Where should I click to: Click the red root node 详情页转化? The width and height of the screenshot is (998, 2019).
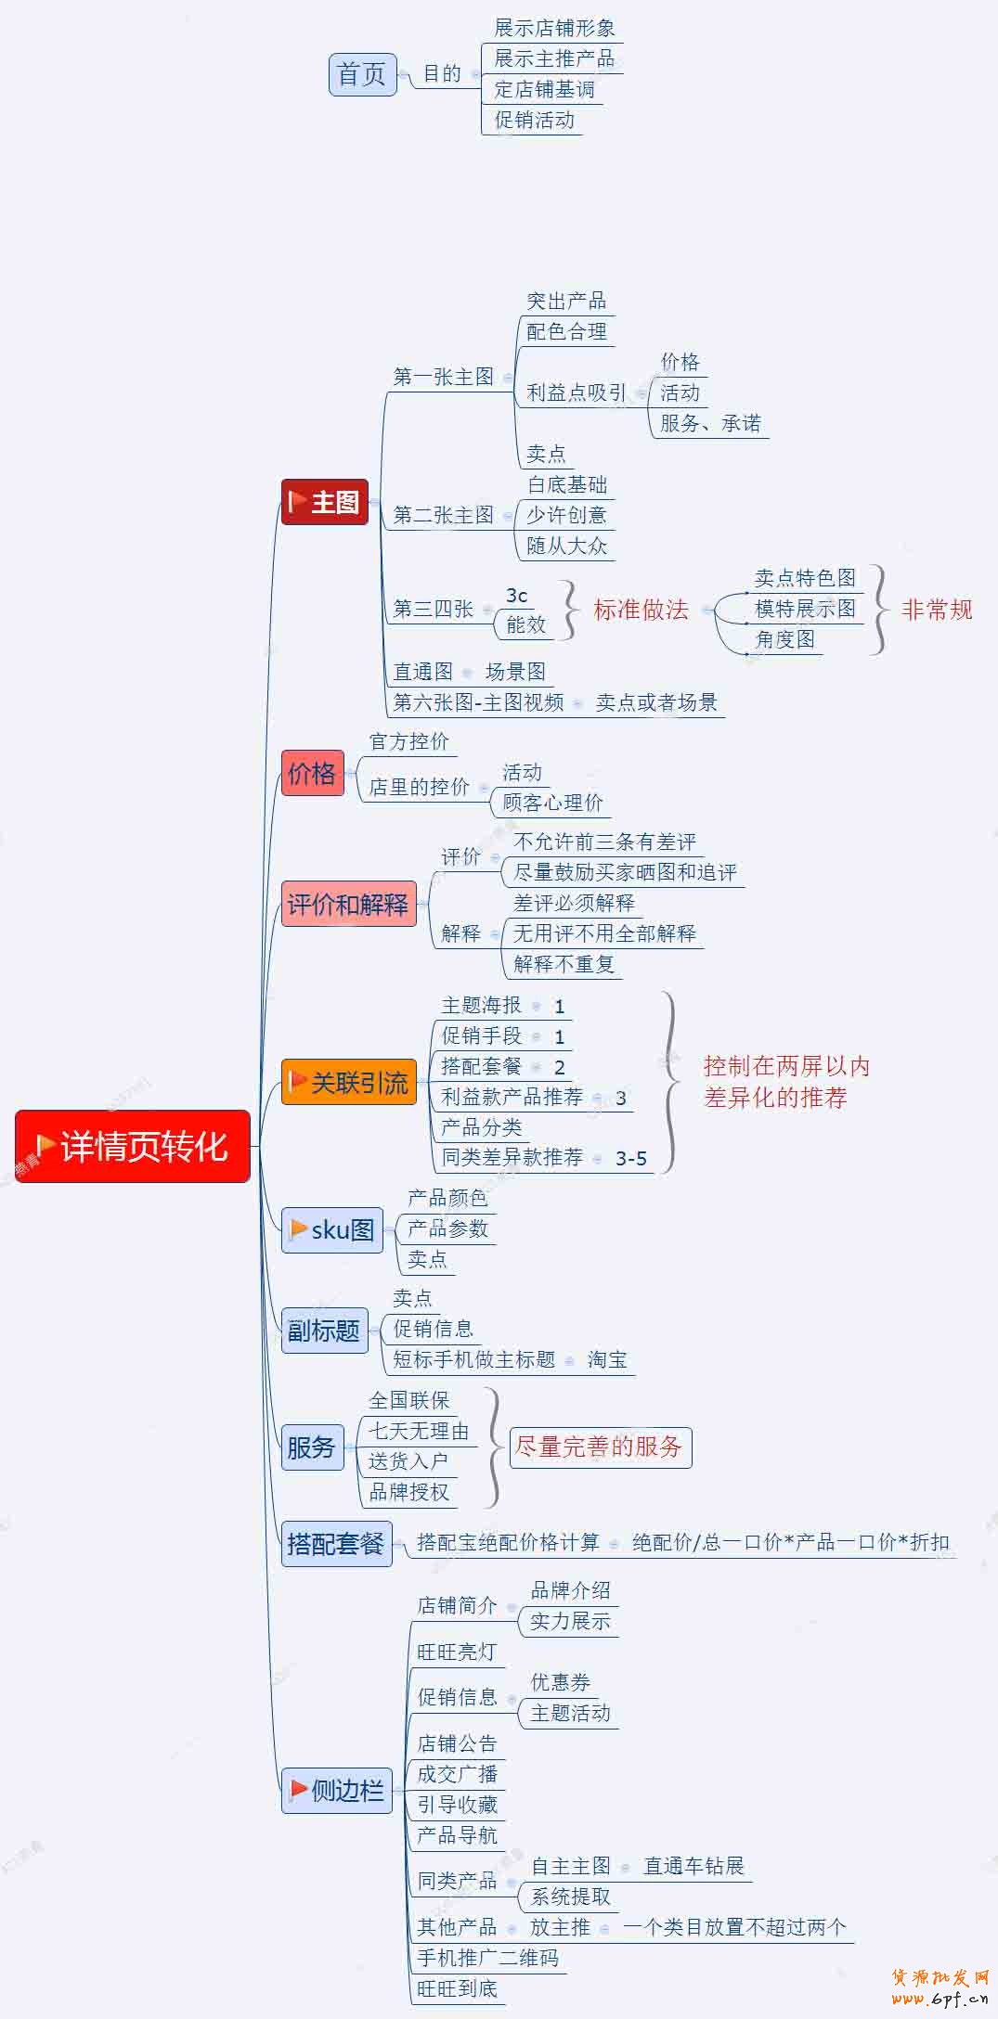[133, 1146]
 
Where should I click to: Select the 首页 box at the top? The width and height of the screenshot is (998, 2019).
[362, 74]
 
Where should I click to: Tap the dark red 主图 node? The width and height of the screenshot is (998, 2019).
[325, 502]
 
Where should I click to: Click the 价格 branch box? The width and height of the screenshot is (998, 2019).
[312, 773]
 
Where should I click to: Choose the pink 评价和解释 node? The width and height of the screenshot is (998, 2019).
[348, 904]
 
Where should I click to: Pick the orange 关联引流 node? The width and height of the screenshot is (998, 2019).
[346, 1082]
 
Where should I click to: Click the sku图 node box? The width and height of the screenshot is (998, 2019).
[331, 1230]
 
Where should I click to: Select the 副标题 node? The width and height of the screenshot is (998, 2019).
[324, 1331]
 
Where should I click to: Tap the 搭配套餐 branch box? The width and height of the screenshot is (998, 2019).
[336, 1543]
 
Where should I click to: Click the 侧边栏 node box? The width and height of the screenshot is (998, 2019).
[336, 1790]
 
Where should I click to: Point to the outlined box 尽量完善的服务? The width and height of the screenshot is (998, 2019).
[600, 1447]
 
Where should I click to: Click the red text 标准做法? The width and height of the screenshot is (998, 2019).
[641, 610]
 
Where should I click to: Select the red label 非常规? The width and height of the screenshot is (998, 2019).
[937, 610]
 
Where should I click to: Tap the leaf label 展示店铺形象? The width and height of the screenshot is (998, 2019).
[554, 28]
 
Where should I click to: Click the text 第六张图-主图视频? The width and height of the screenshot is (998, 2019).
[478, 702]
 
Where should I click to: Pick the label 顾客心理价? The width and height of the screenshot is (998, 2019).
[552, 803]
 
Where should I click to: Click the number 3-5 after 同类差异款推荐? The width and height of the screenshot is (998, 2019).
[631, 1158]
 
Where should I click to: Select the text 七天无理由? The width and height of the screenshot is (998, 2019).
[419, 1431]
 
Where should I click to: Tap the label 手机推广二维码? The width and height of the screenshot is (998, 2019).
[487, 1958]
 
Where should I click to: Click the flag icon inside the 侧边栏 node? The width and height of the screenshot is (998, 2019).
[299, 1789]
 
